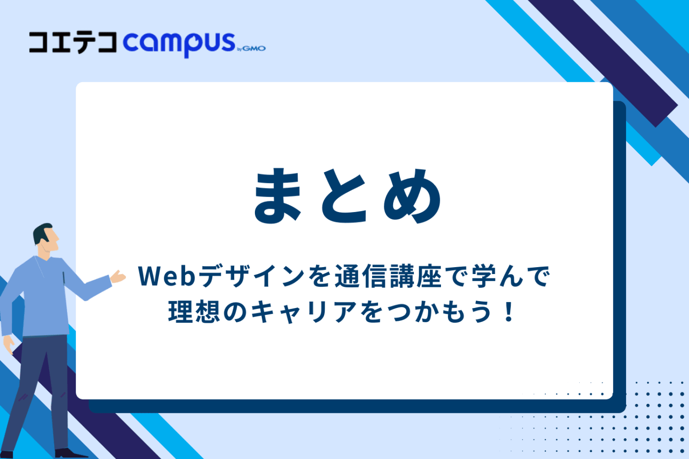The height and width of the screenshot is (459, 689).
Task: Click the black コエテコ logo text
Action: pos(73,42)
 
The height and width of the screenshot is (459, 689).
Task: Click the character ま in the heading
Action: pos(278,195)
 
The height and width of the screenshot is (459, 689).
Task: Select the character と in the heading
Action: pos(345,195)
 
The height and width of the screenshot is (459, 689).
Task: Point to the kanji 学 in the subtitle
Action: pos(483,276)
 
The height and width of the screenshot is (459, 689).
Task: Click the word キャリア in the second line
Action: pos(304,312)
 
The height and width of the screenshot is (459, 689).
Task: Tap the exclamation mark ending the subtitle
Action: pos(509,312)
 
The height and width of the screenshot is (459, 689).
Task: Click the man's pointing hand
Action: pos(118,277)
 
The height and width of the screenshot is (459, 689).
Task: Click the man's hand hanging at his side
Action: pos(9,344)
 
